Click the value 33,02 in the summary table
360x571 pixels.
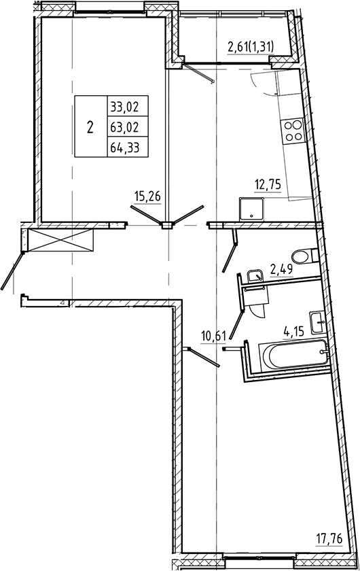123,106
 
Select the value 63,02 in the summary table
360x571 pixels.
123,126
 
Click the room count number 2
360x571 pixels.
90,127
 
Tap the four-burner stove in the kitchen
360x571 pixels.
294,131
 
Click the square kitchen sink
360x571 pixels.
251,209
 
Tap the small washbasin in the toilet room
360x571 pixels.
256,275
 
